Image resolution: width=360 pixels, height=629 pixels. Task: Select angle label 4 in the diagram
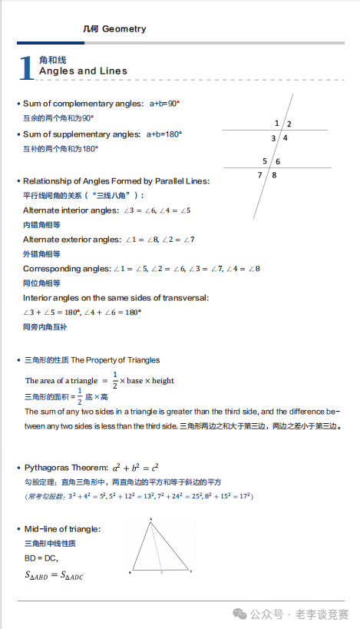(x=285, y=138)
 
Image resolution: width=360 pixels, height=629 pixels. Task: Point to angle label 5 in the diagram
(x=265, y=161)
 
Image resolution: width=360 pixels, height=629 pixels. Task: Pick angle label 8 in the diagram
(x=274, y=175)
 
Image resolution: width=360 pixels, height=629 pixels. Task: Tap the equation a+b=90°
(x=164, y=103)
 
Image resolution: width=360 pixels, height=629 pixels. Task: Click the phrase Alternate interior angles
(x=71, y=210)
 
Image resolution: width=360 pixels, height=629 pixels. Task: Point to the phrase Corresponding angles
(x=66, y=268)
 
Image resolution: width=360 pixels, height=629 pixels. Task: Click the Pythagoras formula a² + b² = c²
(x=135, y=466)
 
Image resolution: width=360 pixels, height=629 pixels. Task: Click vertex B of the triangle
(x=131, y=573)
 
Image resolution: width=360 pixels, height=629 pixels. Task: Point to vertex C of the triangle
(x=190, y=572)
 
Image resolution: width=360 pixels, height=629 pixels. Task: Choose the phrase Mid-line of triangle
(x=62, y=529)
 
